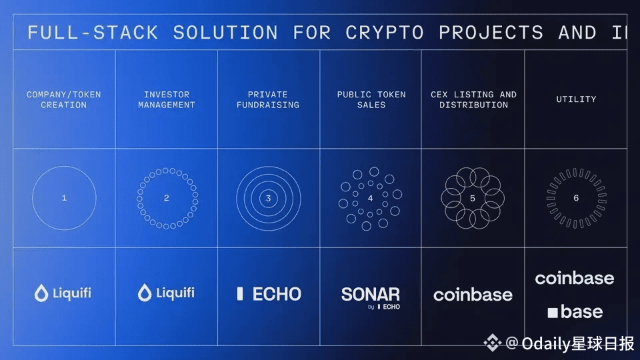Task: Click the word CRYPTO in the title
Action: coord(384,33)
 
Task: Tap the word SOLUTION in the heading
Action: coord(225,33)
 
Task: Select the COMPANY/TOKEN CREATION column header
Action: coord(64,100)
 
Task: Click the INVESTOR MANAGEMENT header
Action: coord(167,100)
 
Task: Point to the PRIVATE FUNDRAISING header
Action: coord(268,100)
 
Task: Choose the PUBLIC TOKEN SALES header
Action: coord(371,100)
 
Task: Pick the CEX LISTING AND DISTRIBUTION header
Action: coord(473,100)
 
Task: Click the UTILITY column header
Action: coord(576,99)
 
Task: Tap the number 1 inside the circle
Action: coord(64,198)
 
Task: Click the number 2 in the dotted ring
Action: coord(167,198)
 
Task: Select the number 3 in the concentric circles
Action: coord(269,198)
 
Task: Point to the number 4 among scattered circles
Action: coord(371,198)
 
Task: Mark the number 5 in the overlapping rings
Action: coord(473,198)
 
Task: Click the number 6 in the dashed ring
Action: coord(576,198)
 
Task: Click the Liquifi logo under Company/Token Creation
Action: coord(63,293)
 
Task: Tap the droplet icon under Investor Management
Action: coord(145,293)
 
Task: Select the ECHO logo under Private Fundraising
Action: coord(269,293)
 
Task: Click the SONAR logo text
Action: coord(371,294)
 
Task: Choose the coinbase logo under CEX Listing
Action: coord(473,295)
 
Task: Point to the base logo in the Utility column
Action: coord(575,311)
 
